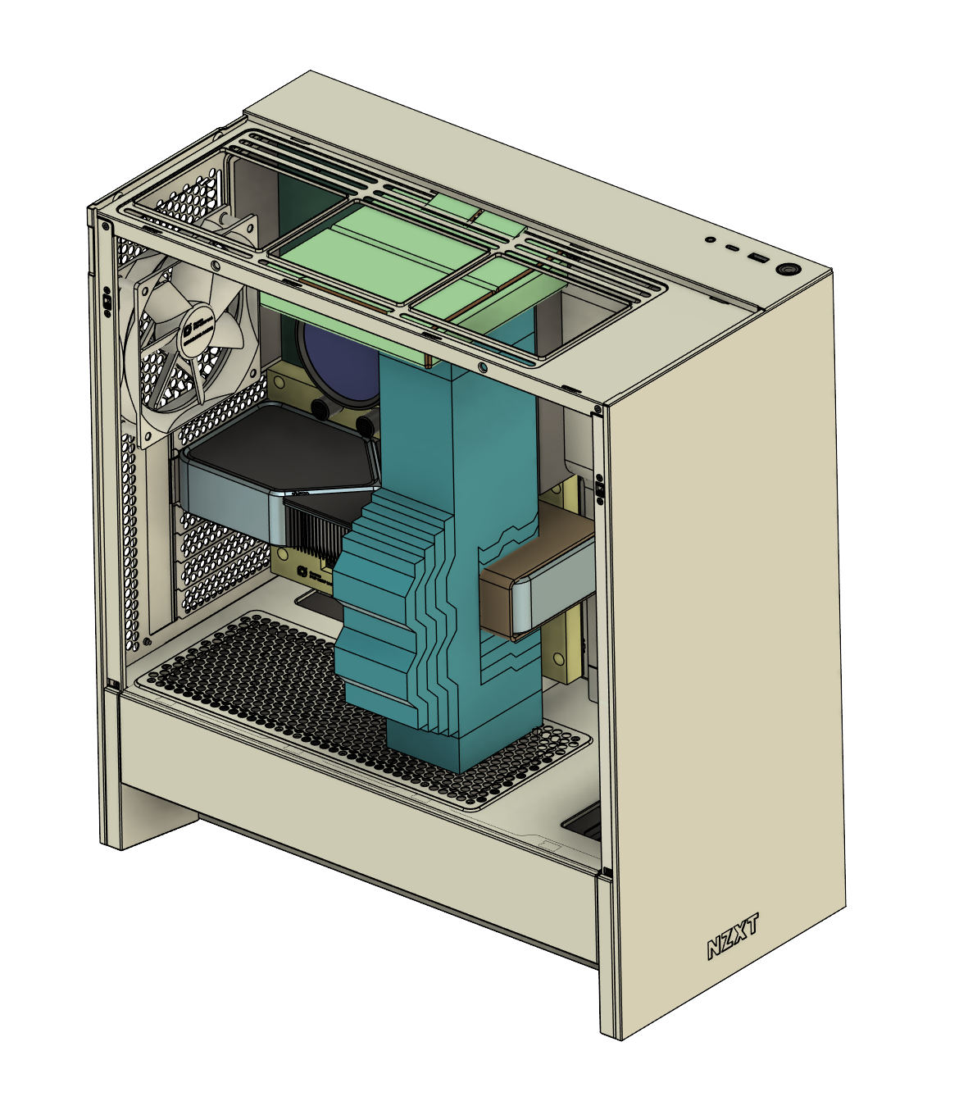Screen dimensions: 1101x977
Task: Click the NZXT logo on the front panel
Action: click(733, 937)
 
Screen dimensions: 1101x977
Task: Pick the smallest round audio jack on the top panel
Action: click(709, 240)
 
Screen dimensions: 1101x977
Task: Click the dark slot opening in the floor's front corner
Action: click(584, 822)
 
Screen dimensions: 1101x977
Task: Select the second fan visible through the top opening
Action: click(235, 227)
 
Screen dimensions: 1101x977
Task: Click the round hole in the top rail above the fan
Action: click(215, 266)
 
